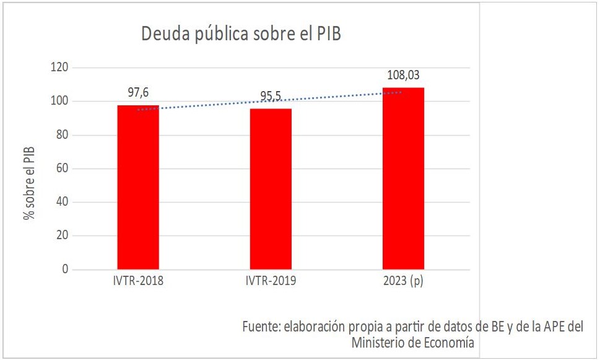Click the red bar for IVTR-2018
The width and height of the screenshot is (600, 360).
[x=138, y=187]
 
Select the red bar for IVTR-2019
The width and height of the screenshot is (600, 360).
[x=271, y=189]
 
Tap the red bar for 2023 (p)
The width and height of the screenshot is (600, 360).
[x=403, y=178]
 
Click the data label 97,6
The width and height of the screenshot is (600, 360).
[x=138, y=92]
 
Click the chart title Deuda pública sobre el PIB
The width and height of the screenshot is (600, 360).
[x=241, y=33]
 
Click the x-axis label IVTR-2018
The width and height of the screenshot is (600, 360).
[x=138, y=281]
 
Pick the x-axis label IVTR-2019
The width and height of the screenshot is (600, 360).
[x=271, y=281]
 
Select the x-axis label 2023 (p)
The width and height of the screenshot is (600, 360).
[x=403, y=281]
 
